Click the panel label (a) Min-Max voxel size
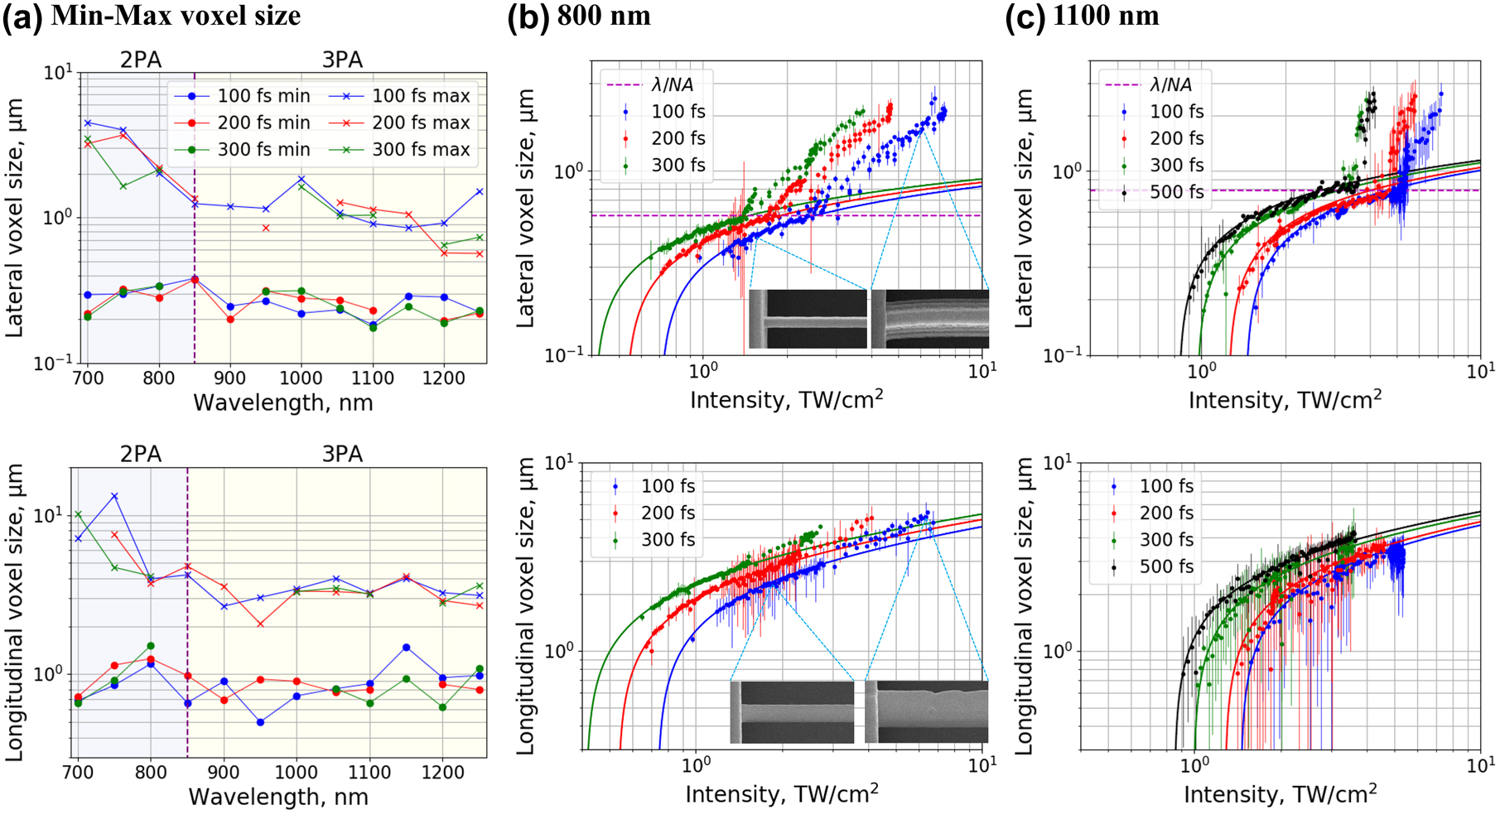(x=152, y=17)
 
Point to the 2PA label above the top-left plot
(x=141, y=60)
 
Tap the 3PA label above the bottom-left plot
(x=342, y=455)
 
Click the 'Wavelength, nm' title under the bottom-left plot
(x=278, y=797)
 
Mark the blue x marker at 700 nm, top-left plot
(x=88, y=123)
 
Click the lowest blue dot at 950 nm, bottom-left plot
(x=260, y=722)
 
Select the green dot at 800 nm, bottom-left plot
(x=151, y=646)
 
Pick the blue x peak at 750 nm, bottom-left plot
(x=114, y=496)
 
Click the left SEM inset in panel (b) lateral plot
(x=808, y=319)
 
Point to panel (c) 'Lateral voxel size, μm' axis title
(x=1024, y=207)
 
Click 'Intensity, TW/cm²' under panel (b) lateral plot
(x=786, y=401)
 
